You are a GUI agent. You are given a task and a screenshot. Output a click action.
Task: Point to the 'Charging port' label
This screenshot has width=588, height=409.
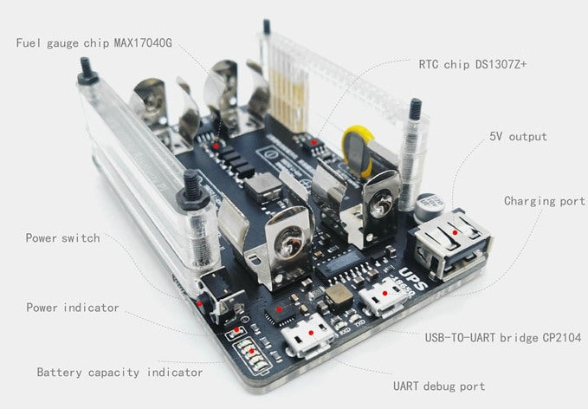pyautogui.click(x=545, y=201)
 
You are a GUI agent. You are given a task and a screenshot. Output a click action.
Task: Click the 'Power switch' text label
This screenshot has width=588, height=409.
pyautogui.click(x=62, y=237)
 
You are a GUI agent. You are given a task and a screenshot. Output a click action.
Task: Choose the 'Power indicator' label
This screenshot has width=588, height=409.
pyautogui.click(x=72, y=307)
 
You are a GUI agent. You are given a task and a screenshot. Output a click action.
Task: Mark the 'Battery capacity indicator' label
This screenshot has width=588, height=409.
pyautogui.click(x=120, y=372)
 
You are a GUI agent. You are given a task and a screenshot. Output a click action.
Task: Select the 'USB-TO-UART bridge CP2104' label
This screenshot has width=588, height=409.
pyautogui.click(x=502, y=337)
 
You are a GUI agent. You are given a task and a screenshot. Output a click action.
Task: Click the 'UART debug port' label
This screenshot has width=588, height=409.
pyautogui.click(x=440, y=386)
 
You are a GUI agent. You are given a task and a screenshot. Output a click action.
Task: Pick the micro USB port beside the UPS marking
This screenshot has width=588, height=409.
pyautogui.click(x=378, y=300)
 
